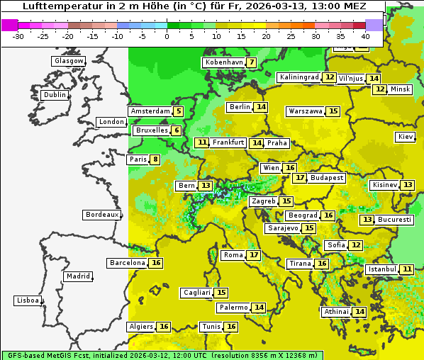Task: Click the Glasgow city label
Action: point(68,61)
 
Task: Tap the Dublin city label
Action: point(54,95)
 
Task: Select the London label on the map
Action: point(111,122)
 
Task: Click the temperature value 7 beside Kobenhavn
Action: point(252,62)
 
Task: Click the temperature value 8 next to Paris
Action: point(155,159)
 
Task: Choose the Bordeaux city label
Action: point(101,215)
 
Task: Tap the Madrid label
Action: point(77,276)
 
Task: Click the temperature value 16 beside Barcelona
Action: point(157,263)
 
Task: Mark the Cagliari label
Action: point(196,293)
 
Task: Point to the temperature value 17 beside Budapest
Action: point(301,178)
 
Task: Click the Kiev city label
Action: point(406,137)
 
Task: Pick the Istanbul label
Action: point(382,269)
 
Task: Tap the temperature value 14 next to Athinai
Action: point(359,312)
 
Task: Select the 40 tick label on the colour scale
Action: point(365,36)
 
